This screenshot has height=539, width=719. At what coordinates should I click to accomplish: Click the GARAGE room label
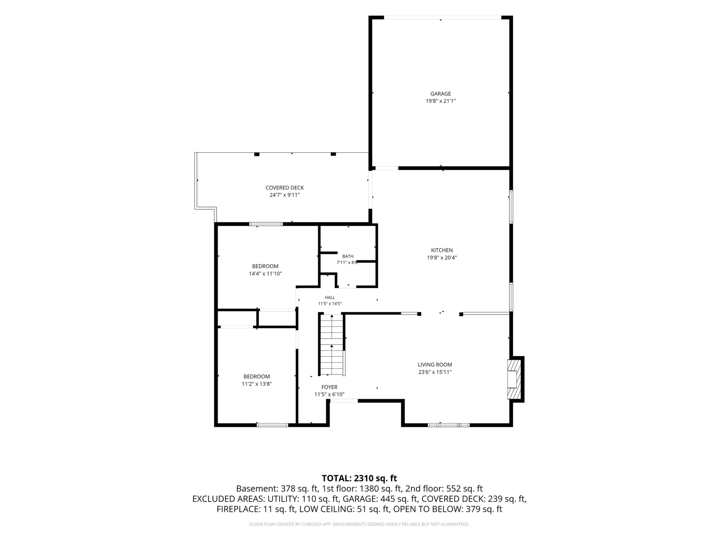(x=440, y=94)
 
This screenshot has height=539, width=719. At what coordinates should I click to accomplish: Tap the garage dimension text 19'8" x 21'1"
(x=440, y=101)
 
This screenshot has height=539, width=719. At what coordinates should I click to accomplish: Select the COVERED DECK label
(x=284, y=188)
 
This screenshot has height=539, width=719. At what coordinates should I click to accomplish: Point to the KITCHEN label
(x=442, y=250)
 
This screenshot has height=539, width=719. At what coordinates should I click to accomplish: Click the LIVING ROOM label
(x=435, y=365)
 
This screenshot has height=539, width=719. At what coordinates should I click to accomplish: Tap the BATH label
(x=348, y=256)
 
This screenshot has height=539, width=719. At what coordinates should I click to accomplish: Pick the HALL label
(x=330, y=297)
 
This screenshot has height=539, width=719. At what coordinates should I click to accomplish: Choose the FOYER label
(x=329, y=387)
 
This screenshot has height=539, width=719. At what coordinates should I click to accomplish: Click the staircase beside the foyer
(x=332, y=345)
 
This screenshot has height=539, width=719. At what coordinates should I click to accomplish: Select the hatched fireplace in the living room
(x=514, y=379)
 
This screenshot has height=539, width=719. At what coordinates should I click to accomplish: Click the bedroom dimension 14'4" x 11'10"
(x=265, y=274)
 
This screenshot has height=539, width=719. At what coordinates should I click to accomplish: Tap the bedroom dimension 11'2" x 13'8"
(x=256, y=384)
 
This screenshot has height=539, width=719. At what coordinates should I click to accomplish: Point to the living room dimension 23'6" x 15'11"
(x=435, y=372)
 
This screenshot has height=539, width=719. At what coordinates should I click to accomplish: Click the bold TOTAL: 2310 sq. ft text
(x=359, y=478)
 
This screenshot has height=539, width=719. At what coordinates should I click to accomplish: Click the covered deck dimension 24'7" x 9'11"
(x=284, y=195)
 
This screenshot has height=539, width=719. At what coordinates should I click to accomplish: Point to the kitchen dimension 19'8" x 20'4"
(x=442, y=258)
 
